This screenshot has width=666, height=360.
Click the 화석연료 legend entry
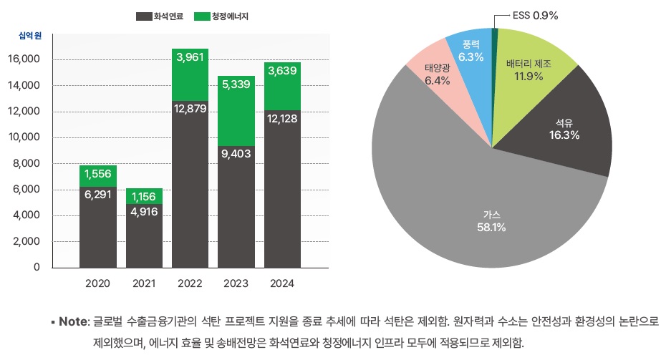[x=159, y=15]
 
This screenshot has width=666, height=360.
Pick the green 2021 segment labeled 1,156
[x=144, y=196]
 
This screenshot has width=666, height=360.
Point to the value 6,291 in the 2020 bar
[x=97, y=194]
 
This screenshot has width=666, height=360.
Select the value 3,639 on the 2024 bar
[x=282, y=71]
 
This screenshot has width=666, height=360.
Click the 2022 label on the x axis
[x=190, y=284]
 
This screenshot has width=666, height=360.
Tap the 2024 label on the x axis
[x=282, y=284]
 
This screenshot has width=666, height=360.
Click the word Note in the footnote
[x=73, y=322]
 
